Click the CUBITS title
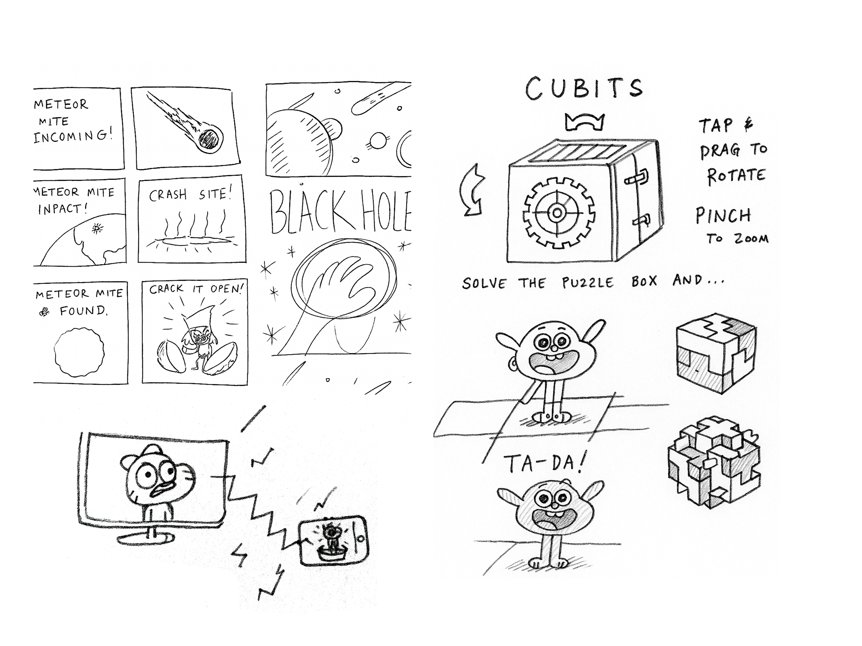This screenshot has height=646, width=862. pos(584,89)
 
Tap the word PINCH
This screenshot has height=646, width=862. pos(723,216)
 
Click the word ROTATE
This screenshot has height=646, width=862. pos(736,176)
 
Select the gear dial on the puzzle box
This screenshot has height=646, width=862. pos(558,213)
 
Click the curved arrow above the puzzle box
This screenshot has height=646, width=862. pos(584,123)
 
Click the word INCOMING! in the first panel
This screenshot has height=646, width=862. pos(73,136)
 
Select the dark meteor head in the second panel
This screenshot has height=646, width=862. pos(210,139)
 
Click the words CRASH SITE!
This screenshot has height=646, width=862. pos(190,194)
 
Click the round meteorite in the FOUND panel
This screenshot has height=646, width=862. pos(79,352)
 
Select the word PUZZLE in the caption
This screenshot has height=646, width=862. pos(588,283)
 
